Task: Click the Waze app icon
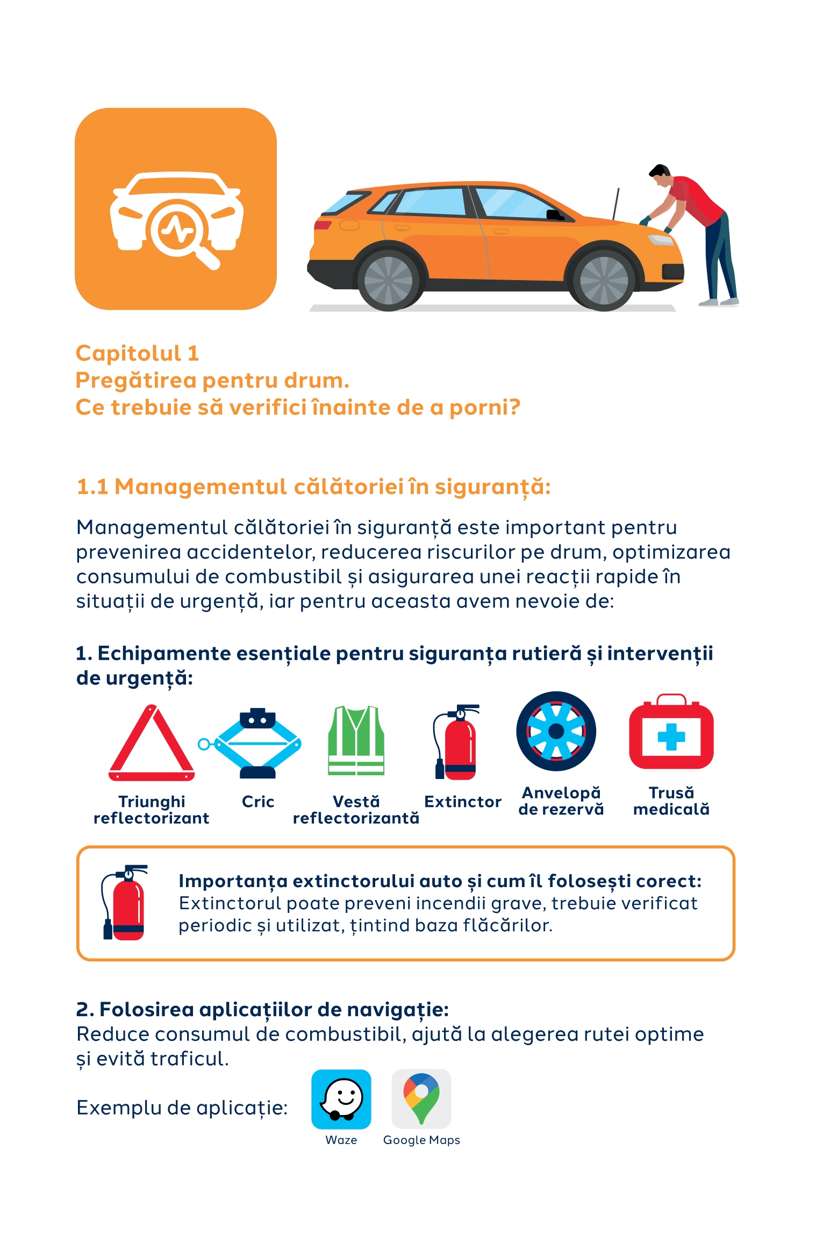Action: point(341,1099)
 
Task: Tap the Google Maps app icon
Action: point(421,1099)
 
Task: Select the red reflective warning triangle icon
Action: point(152,744)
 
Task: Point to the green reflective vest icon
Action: point(356,740)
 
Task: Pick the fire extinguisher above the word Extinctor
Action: point(456,741)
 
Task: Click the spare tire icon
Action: point(556,731)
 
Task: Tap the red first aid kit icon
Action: point(671,732)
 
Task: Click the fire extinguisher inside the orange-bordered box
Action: point(124,903)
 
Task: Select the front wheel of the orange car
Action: point(604,280)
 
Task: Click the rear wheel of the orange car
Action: point(388,280)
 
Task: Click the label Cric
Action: point(258,802)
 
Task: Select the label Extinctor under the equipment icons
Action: point(463,802)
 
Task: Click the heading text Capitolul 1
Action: point(138,353)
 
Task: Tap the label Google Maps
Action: point(421,1140)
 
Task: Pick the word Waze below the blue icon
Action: point(341,1140)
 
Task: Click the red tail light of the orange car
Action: point(323,224)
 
